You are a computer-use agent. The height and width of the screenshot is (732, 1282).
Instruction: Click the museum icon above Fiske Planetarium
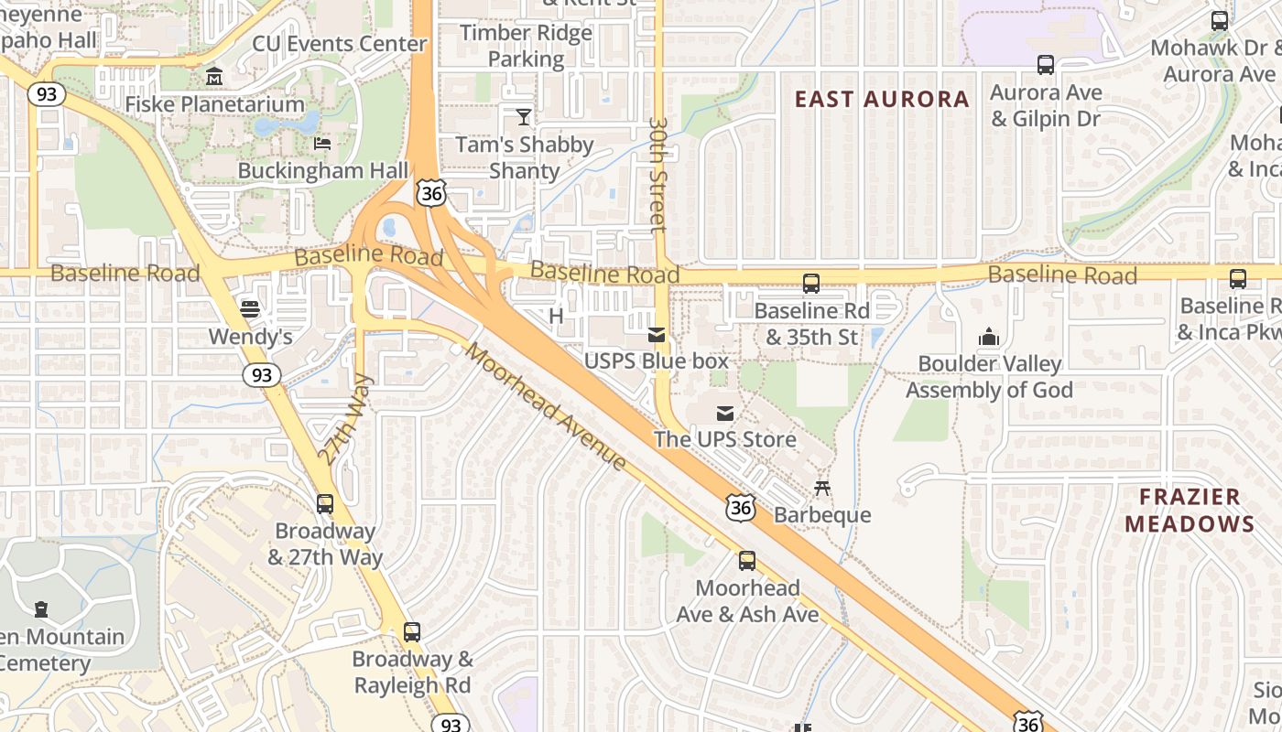[x=214, y=75]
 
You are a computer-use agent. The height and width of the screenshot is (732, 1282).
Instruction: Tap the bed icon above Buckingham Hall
[x=322, y=143]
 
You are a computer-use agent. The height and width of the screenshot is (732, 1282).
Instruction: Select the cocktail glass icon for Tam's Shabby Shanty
[x=524, y=116]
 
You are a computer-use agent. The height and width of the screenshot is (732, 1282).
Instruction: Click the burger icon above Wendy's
[x=249, y=308]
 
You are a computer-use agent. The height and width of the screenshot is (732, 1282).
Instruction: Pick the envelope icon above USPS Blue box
[x=657, y=334]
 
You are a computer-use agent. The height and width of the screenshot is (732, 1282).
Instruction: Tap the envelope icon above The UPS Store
[x=725, y=413]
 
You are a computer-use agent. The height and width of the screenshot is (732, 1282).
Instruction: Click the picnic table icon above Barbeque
[x=822, y=488]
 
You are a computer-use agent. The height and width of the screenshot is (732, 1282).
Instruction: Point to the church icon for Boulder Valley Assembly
[x=988, y=337]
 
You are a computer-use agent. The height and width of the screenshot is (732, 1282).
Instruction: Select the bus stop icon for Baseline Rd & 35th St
[x=810, y=284]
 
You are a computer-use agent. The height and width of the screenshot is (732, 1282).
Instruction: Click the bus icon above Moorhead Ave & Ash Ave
[x=747, y=561]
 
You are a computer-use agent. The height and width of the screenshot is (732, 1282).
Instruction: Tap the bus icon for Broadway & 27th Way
[x=325, y=504]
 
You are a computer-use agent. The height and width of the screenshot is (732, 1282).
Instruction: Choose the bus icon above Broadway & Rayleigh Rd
[x=412, y=632]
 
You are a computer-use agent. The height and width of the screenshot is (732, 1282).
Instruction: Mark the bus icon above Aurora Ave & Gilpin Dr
[x=1045, y=65]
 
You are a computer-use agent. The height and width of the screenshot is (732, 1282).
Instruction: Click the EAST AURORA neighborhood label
[x=882, y=99]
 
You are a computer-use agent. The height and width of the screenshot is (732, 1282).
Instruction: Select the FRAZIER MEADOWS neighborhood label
[x=1190, y=511]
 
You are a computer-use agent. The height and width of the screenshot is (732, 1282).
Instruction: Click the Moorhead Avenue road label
[x=547, y=406]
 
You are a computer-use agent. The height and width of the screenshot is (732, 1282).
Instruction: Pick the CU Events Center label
[x=340, y=44]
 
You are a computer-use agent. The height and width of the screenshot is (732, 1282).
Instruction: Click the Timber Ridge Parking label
[x=526, y=46]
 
